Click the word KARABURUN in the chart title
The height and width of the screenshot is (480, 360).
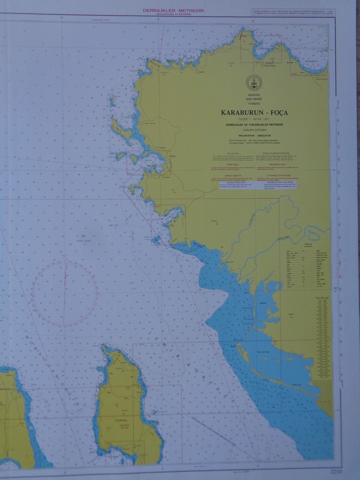[243, 112]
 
